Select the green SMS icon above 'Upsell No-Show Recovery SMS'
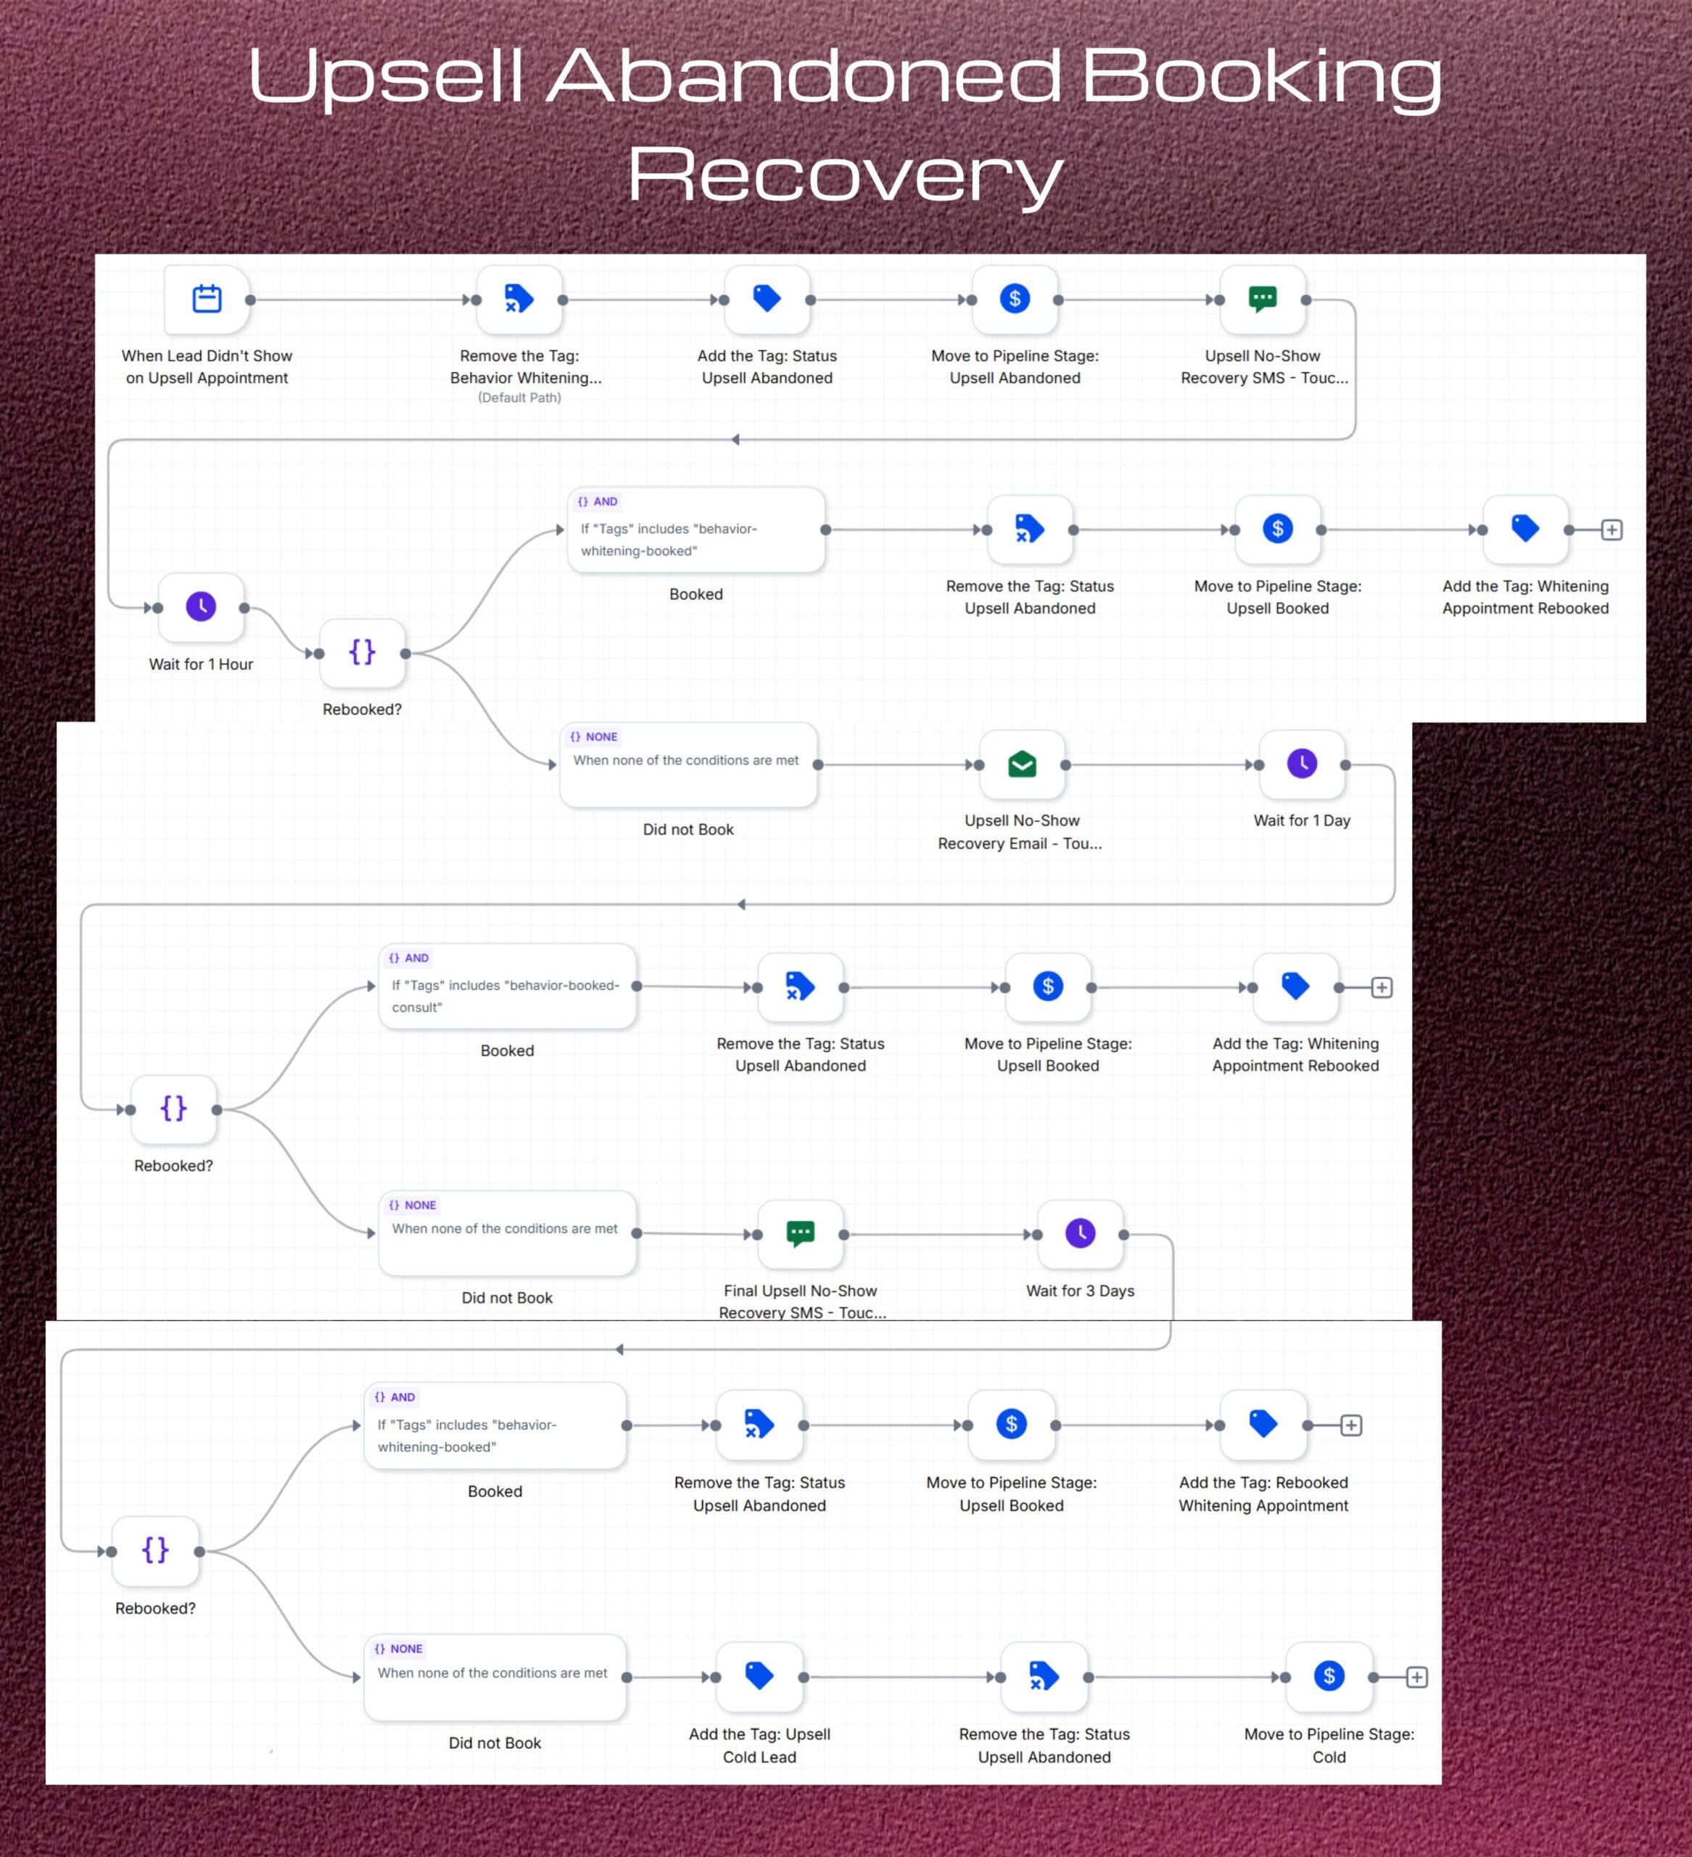1262,298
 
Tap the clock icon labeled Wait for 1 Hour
201,606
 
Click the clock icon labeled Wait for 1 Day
1302,764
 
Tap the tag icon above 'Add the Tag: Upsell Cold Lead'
759,1675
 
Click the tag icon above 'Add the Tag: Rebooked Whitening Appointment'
1263,1423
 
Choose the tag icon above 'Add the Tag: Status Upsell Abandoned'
767,298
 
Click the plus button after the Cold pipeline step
1416,1677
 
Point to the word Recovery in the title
846,175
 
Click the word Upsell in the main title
386,76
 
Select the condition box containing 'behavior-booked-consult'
508,987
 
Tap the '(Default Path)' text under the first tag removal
519,398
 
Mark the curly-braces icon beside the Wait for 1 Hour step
362,652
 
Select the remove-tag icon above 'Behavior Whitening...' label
519,298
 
